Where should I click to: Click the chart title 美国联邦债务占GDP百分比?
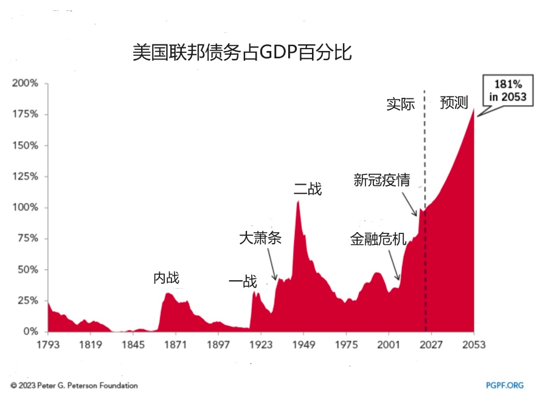click(x=242, y=52)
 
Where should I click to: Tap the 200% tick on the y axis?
click(x=26, y=83)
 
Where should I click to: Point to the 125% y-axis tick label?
click(x=26, y=177)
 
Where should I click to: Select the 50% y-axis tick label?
click(x=28, y=270)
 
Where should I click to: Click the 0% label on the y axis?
click(x=30, y=332)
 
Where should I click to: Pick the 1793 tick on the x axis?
click(x=48, y=345)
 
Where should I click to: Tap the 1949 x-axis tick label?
click(x=303, y=345)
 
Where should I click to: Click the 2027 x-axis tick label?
click(x=431, y=345)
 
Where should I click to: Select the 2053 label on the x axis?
click(x=473, y=345)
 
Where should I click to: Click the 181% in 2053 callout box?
click(x=504, y=91)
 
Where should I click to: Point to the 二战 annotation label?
click(x=308, y=190)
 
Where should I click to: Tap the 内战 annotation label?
click(x=167, y=278)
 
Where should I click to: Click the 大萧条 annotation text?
click(x=260, y=238)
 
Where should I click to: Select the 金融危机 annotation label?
click(x=378, y=239)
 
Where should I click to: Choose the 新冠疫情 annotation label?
click(x=382, y=180)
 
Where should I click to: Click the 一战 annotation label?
click(x=243, y=282)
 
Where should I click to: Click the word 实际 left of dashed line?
click(x=400, y=104)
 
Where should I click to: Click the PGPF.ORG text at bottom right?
click(x=505, y=385)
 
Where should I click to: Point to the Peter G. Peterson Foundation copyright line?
click(x=74, y=385)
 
